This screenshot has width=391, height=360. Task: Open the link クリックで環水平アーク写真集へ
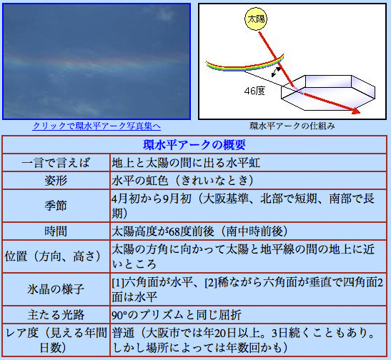click(96, 126)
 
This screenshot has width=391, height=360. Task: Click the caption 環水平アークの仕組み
click(292, 126)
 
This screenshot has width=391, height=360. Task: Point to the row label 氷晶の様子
click(56, 289)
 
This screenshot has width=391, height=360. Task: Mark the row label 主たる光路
click(56, 314)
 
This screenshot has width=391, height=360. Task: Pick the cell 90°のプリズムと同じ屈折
click(179, 314)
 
